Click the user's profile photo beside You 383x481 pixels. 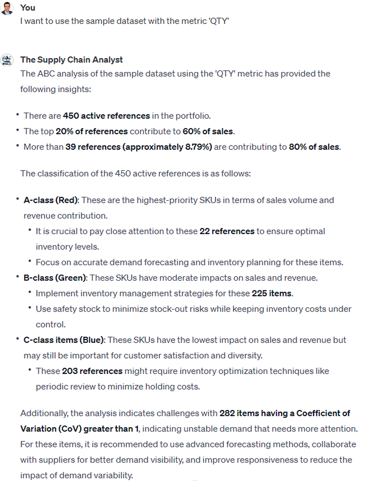pyautogui.click(x=7, y=9)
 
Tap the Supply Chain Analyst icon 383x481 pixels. pyautogui.click(x=7, y=60)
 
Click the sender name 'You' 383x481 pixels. pyautogui.click(x=28, y=8)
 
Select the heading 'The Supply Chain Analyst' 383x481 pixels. pyautogui.click(x=71, y=60)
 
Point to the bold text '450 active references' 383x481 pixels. pyautogui.click(x=106, y=116)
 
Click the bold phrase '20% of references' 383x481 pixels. pyautogui.click(x=92, y=131)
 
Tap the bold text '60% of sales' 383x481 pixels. pyautogui.click(x=208, y=131)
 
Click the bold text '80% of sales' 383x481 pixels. pyautogui.click(x=314, y=147)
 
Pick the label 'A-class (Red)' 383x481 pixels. pyautogui.click(x=51, y=200)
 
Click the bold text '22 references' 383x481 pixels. pyautogui.click(x=227, y=231)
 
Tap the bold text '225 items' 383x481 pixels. pyautogui.click(x=271, y=294)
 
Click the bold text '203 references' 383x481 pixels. pyautogui.click(x=92, y=371)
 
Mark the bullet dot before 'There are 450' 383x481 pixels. pyautogui.click(x=18, y=115)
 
